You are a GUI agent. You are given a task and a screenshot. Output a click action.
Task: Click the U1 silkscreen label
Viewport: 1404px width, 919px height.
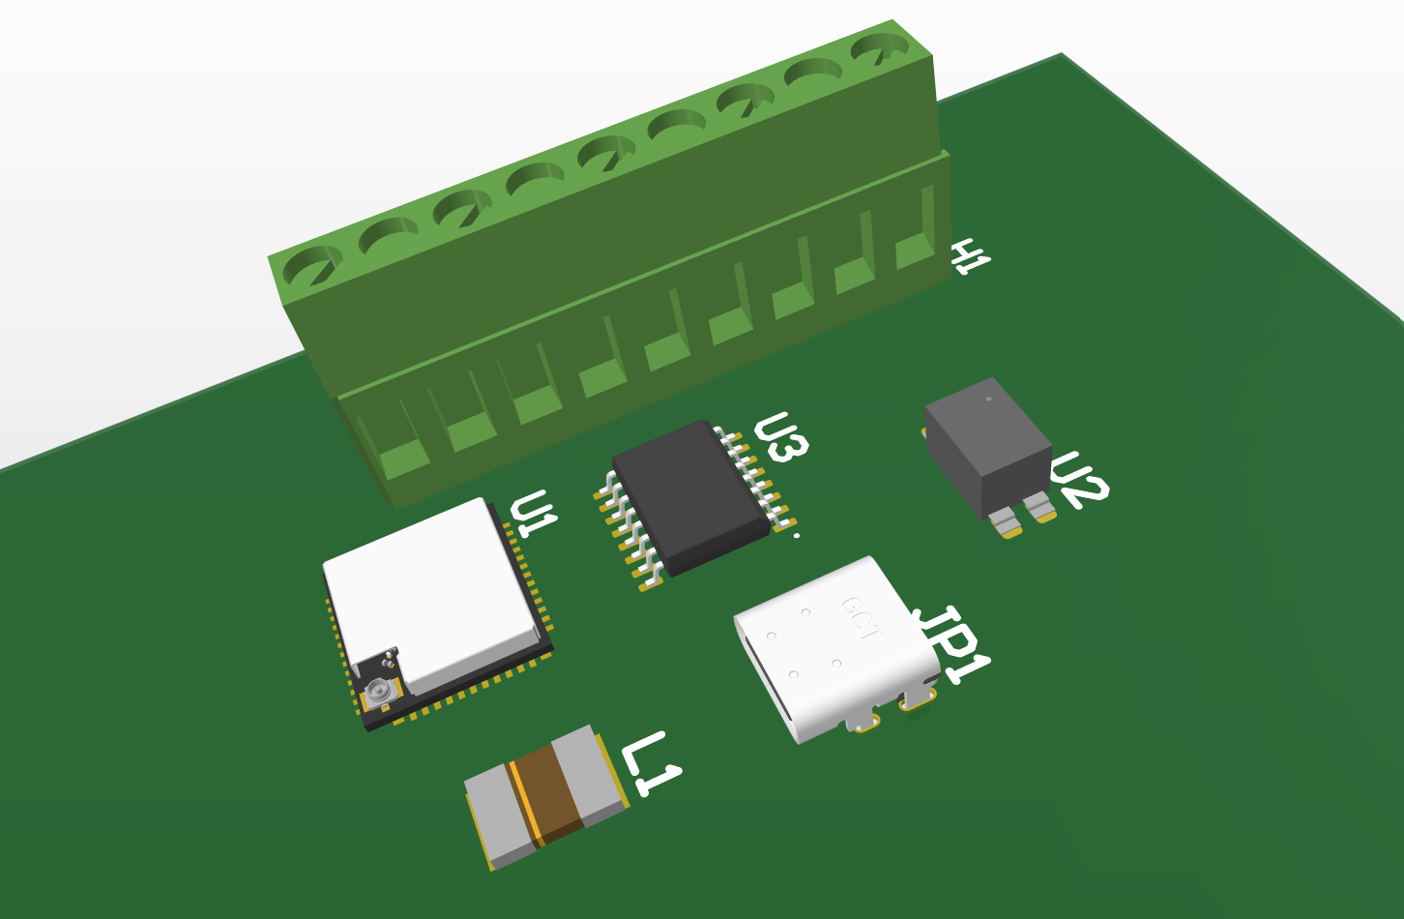tap(534, 514)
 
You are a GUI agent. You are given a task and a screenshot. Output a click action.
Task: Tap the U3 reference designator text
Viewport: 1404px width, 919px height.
tap(781, 437)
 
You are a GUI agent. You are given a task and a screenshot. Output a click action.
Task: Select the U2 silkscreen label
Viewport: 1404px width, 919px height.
tap(1080, 480)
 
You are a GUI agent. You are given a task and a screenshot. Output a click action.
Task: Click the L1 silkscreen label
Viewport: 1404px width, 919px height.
tap(651, 763)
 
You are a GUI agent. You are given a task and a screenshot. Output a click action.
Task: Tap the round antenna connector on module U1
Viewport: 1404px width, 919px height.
tap(378, 692)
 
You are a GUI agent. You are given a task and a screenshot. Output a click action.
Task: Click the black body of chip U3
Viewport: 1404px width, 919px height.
tap(690, 496)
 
